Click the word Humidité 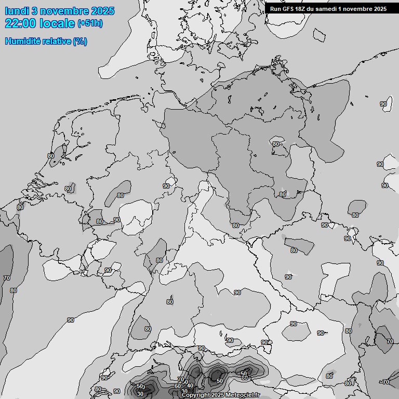point(23,42)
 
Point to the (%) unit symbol point(80,42)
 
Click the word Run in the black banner point(276,9)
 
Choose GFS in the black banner point(289,9)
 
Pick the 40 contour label point(190,385)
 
